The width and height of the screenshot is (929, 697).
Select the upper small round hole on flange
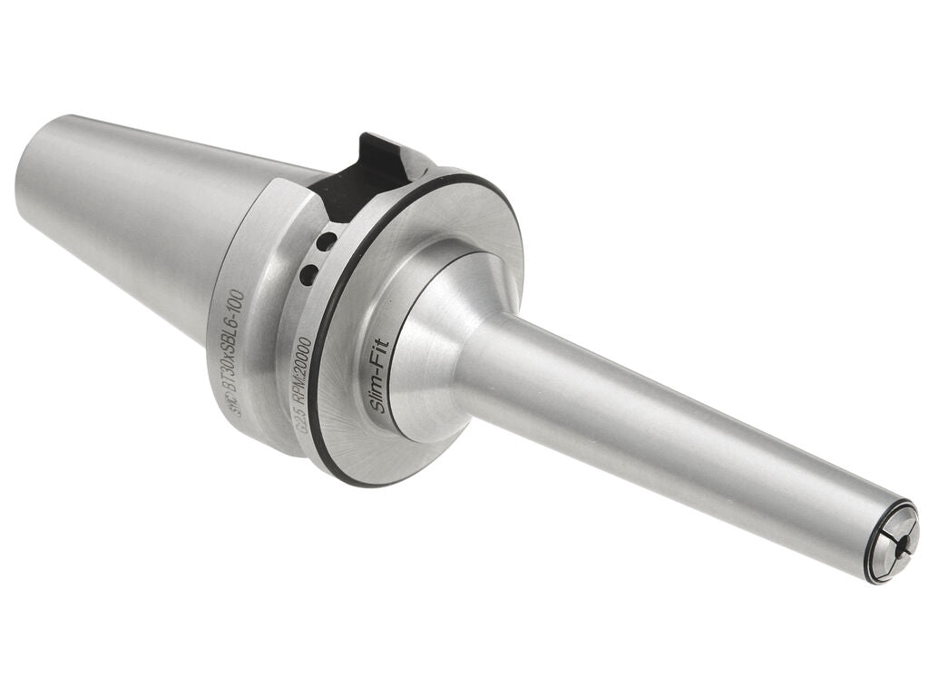coord(328,241)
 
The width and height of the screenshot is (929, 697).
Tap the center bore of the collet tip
coord(891,543)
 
